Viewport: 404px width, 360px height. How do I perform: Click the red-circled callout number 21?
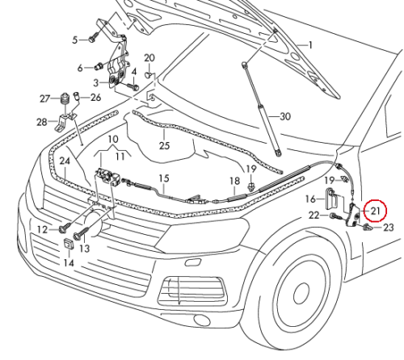(375, 211)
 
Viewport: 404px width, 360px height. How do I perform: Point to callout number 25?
(165, 145)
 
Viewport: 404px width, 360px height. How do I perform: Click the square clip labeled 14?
(68, 246)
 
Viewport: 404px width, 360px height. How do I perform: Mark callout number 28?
(42, 122)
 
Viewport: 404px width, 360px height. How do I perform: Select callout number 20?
(149, 57)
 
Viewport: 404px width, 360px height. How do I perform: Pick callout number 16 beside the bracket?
(311, 198)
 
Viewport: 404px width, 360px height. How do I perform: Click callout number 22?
(311, 215)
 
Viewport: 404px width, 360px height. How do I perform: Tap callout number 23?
(388, 228)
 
